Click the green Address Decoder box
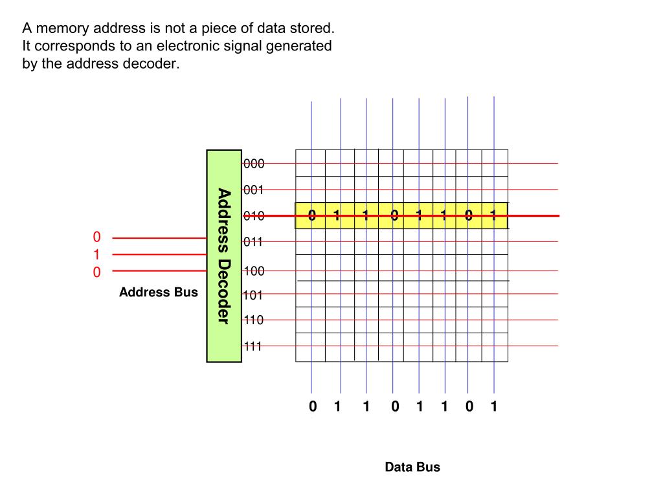point(224,256)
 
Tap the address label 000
point(254,164)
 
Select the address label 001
point(254,190)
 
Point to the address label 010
point(254,216)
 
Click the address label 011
point(254,242)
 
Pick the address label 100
point(254,271)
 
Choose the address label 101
point(254,296)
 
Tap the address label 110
point(254,320)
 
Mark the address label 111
point(253,346)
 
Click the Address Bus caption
point(159,293)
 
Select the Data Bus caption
point(412,467)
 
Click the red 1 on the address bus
point(96,254)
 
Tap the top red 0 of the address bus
point(96,237)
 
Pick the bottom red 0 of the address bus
point(96,272)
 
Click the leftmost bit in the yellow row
point(312,215)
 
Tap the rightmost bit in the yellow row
point(493,215)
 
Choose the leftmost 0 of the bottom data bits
point(313,406)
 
